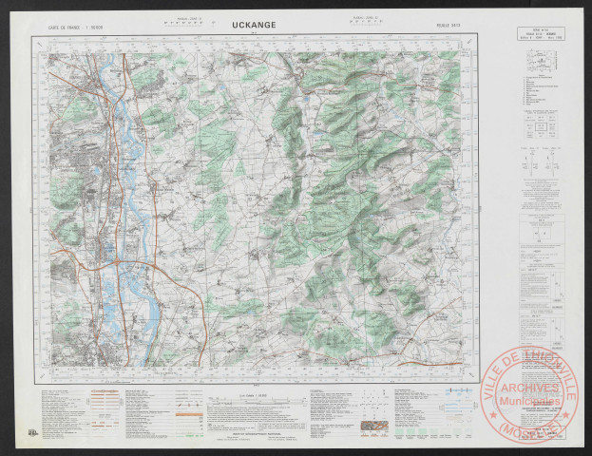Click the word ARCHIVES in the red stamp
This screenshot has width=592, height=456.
(532, 389)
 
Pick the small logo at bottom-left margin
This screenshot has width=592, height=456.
(33, 431)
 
